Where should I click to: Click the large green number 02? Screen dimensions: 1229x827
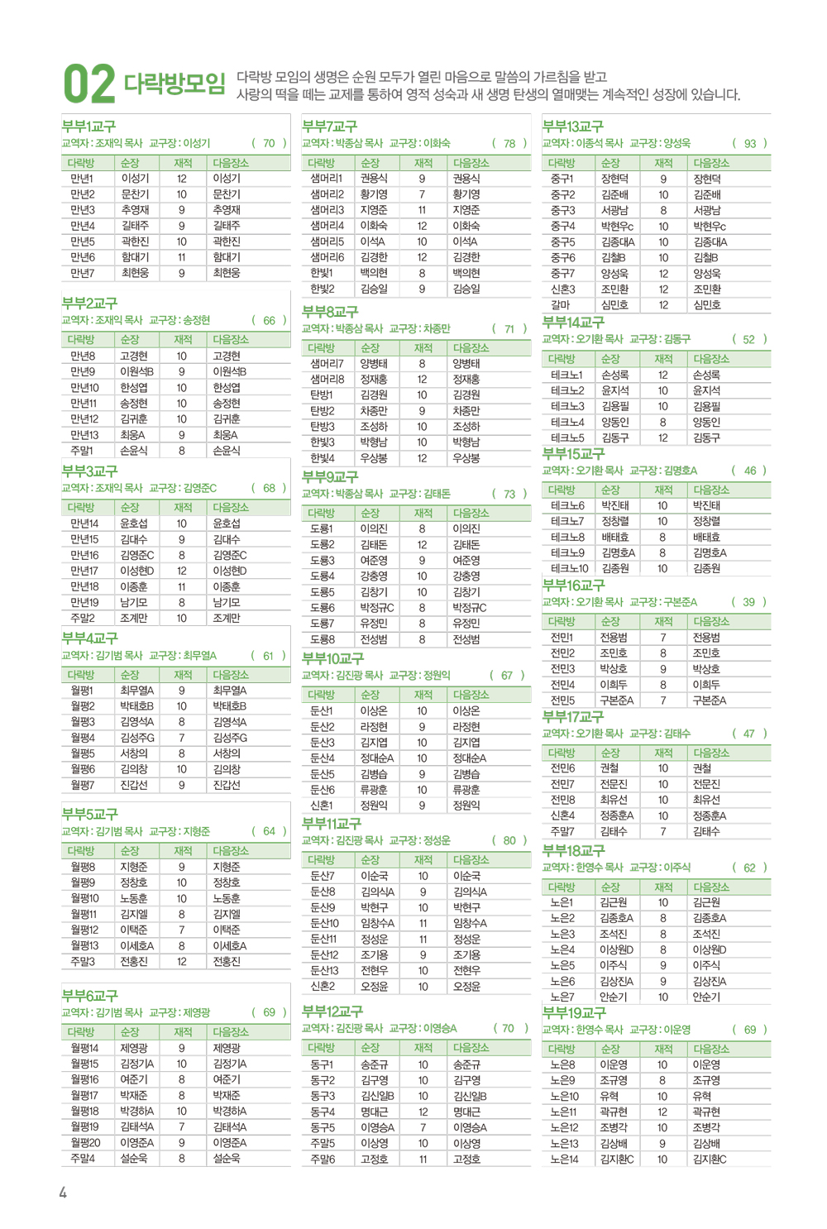(x=89, y=84)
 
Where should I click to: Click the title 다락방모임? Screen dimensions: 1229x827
(x=174, y=84)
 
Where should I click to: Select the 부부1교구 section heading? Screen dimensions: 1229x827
(x=88, y=127)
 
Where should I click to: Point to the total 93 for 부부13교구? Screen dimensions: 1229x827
(x=750, y=143)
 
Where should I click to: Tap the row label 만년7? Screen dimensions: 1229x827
(x=82, y=273)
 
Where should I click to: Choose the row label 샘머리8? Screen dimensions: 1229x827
(x=327, y=379)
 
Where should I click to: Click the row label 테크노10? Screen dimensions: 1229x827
(x=569, y=568)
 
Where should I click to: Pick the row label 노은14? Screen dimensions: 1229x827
(x=564, y=1159)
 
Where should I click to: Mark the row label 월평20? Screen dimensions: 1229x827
(x=85, y=1142)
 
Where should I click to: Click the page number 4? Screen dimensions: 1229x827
(x=63, y=1192)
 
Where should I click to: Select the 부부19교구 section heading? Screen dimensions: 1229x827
(x=574, y=1013)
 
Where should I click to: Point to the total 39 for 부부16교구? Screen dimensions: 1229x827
(x=748, y=602)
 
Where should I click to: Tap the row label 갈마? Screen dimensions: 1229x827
(x=560, y=304)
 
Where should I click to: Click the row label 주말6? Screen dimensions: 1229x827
(x=323, y=1159)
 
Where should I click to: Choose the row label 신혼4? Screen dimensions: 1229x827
(x=562, y=815)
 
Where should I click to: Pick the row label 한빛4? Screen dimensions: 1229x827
(x=322, y=457)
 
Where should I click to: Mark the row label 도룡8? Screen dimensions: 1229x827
(x=322, y=639)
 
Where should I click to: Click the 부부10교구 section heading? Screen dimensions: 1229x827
(x=332, y=658)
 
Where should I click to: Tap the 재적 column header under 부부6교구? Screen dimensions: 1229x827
(x=183, y=1032)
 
